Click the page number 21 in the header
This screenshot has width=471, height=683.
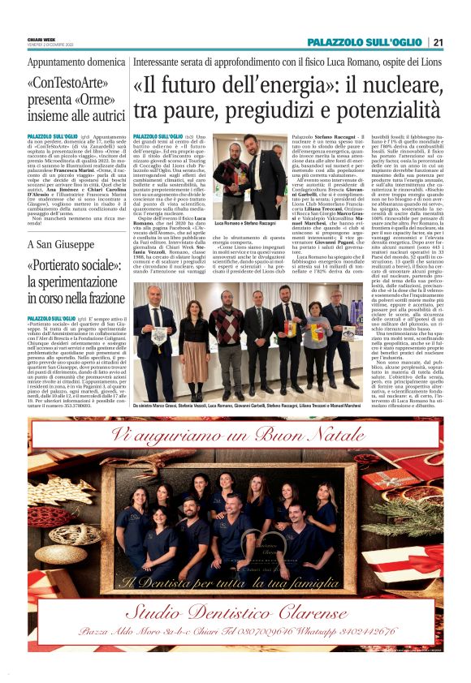[x=438, y=42]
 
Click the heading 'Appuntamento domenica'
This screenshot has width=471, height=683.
[x=64, y=61]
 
